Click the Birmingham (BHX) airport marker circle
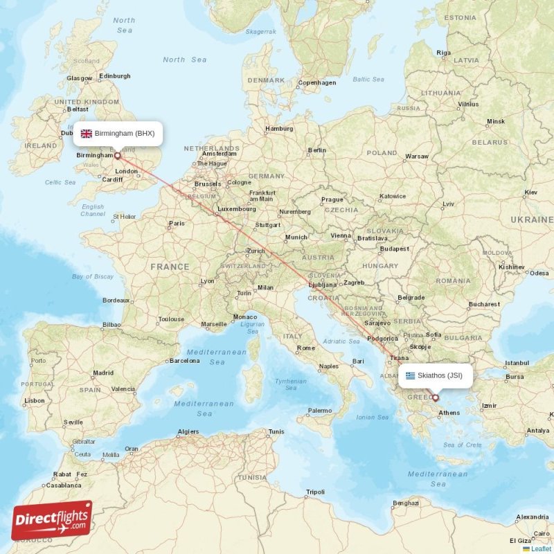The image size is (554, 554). pos(116,156)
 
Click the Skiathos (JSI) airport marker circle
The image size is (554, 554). pos(435,397)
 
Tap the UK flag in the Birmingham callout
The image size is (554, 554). pos(87,133)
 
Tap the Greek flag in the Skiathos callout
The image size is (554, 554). pos(411,375)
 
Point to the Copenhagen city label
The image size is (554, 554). pos(316,82)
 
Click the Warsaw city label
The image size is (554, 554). pos(416,157)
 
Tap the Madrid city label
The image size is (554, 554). pos(103,373)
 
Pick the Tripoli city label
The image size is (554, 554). pos(315,492)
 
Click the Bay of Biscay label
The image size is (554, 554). pos(93,276)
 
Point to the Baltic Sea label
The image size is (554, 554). pos(368,79)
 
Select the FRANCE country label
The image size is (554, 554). pos(170,267)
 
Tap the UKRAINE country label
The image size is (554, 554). pos(532,220)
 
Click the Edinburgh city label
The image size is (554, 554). pos(115,76)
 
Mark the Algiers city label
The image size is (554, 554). pos(188,432)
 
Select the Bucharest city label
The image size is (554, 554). pos(483,304)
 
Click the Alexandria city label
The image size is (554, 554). pos(533,517)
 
